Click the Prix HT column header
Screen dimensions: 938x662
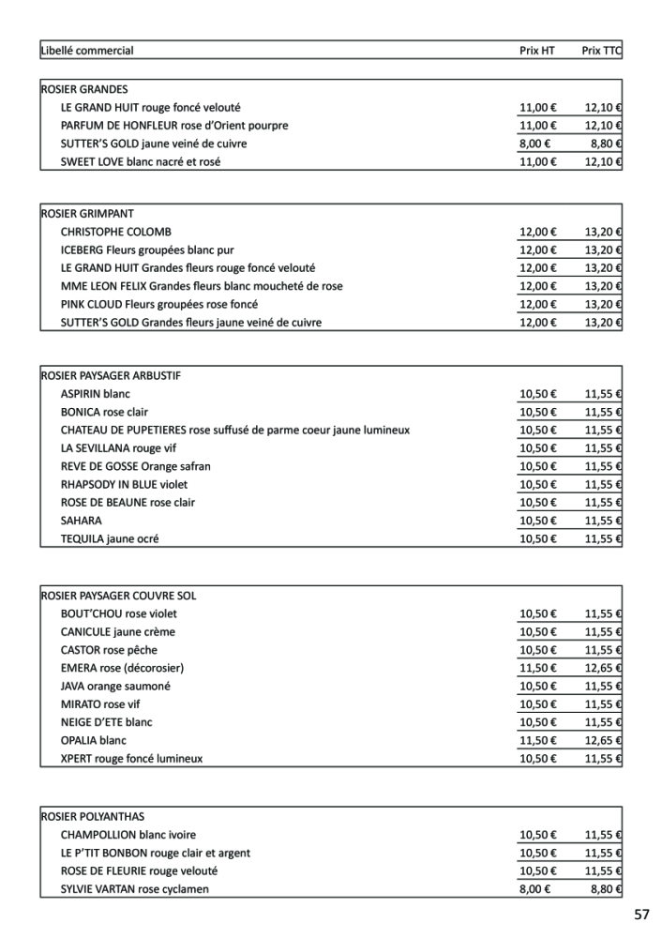pos(537,51)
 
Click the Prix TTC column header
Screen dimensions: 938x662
pos(601,51)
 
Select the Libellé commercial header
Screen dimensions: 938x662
pos(87,51)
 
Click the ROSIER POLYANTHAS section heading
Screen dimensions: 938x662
pos(93,817)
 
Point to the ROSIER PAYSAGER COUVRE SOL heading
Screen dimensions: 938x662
pos(118,596)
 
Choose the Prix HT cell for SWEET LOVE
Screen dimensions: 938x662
pos(537,162)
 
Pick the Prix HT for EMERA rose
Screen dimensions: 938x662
pos(537,668)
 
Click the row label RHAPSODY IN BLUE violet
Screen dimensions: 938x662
pos(124,485)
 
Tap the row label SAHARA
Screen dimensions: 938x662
pos(82,521)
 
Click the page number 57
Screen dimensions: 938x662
pos(641,915)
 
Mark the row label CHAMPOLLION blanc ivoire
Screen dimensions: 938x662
pos(128,835)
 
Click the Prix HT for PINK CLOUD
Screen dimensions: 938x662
pos(537,305)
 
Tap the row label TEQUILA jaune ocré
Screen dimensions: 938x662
pos(110,539)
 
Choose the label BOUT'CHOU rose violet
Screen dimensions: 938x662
pos(118,614)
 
